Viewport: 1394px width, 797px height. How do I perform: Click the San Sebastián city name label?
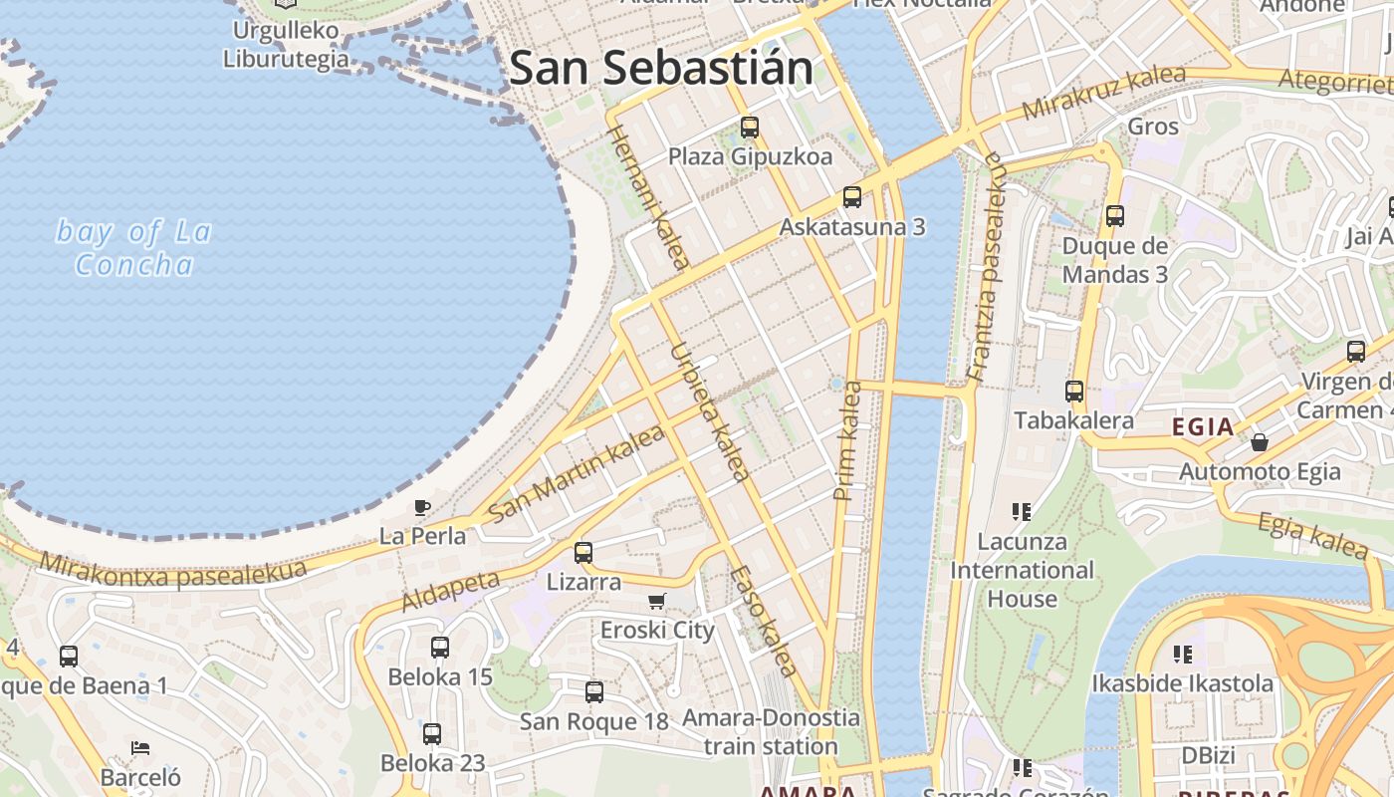(660, 68)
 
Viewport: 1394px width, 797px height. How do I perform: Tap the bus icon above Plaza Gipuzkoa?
(750, 128)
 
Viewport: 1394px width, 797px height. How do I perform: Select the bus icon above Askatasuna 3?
(852, 197)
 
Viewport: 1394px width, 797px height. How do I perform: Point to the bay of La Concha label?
(133, 248)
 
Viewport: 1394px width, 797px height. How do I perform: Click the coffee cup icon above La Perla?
(422, 507)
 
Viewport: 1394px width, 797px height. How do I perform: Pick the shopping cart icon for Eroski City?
(656, 601)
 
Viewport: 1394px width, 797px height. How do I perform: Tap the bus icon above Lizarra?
(583, 552)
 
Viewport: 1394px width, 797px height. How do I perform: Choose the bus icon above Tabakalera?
(1074, 392)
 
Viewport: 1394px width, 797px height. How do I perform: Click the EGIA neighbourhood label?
(1203, 427)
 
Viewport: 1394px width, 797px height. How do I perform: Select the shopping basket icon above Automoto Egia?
(1260, 442)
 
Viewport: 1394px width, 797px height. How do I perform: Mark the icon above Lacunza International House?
(1021, 512)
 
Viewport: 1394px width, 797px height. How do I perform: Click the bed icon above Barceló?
(140, 748)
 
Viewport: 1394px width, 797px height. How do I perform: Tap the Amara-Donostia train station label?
(771, 731)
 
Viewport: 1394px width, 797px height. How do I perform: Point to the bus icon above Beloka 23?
(432, 734)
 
